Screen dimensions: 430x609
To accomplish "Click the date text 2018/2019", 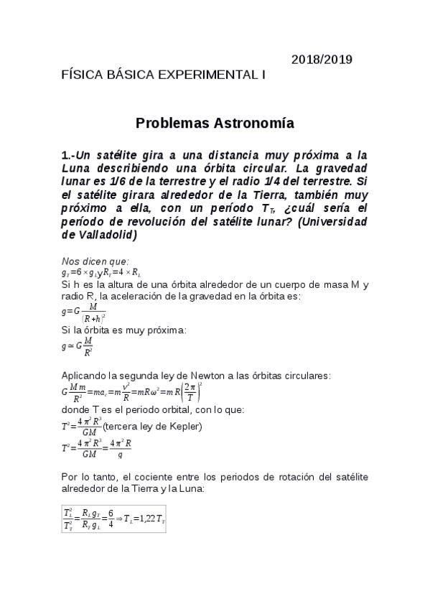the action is point(322,60).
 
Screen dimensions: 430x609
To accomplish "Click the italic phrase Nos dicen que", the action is point(95,261).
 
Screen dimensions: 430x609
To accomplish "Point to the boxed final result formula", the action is point(113,518).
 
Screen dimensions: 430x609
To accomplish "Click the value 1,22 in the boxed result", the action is point(146,519).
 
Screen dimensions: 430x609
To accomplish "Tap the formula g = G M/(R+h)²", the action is point(84,311).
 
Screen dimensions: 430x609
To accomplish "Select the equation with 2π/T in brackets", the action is point(131,393).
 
